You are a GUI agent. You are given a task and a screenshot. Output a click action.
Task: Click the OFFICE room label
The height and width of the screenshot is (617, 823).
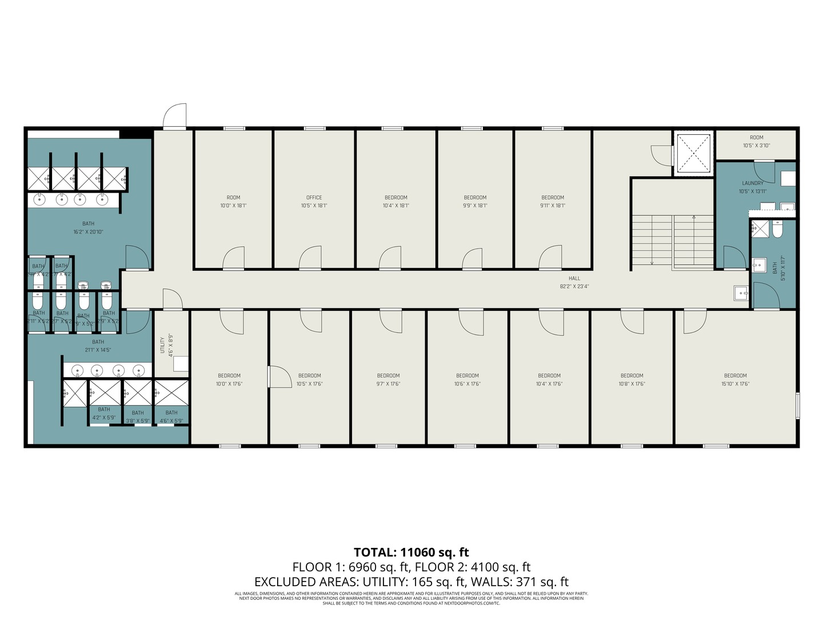tap(314, 198)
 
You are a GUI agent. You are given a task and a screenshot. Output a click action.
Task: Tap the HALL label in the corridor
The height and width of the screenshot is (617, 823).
tap(574, 278)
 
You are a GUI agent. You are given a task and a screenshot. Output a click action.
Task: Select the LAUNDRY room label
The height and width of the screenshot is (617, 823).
tap(752, 183)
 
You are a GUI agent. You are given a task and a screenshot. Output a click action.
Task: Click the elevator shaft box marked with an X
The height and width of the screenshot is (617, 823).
tap(693, 153)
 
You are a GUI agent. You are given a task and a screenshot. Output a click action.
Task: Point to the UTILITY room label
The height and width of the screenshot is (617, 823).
tap(162, 345)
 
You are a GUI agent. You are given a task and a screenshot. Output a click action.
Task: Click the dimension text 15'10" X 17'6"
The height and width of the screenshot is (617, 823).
tap(735, 384)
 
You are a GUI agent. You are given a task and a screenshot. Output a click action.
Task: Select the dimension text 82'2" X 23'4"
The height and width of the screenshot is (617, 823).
tap(574, 286)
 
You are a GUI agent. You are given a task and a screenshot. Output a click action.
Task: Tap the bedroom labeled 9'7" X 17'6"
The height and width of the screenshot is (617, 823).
tap(388, 380)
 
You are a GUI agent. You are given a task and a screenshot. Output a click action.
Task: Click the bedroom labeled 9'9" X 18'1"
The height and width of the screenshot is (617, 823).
tap(475, 202)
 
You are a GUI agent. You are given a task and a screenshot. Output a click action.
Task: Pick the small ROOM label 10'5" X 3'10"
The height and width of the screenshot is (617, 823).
tap(756, 142)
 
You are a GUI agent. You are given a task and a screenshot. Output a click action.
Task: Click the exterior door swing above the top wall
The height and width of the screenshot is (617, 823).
tap(175, 116)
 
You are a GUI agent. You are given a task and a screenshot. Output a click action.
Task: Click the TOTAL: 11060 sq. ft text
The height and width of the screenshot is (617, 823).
tap(411, 552)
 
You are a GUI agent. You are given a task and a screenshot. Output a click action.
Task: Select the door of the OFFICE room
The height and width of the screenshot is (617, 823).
tap(310, 258)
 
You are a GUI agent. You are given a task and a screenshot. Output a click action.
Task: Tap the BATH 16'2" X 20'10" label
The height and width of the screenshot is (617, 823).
tap(88, 228)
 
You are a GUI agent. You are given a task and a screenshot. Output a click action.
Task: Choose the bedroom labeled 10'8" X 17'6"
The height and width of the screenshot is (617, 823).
tap(632, 380)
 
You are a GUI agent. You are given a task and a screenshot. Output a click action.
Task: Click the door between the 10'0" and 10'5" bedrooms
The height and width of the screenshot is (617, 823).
tap(279, 377)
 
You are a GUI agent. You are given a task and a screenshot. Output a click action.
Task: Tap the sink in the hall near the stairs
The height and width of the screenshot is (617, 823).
tap(741, 293)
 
